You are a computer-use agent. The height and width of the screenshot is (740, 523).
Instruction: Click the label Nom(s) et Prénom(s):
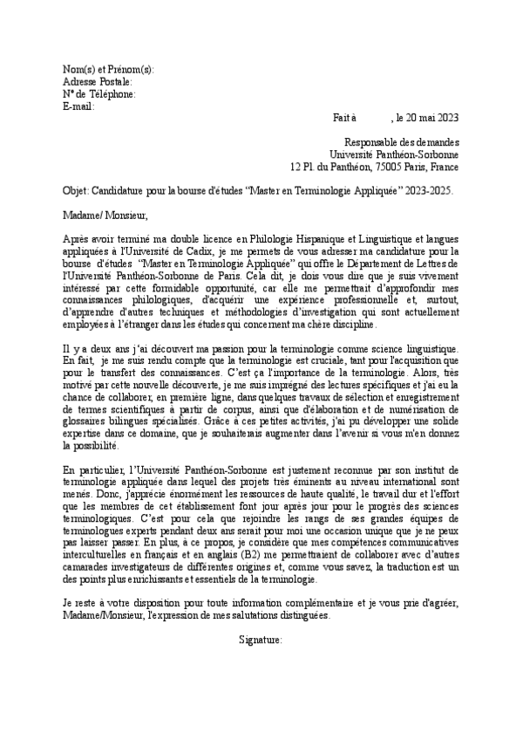[108, 69]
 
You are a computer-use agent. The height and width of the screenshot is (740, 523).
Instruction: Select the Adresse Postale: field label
[98, 81]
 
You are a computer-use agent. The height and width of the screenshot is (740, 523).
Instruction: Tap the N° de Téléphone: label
[99, 93]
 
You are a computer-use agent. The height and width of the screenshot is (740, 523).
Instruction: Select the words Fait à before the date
[345, 118]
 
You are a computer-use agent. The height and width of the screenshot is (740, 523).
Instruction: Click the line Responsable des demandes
[402, 142]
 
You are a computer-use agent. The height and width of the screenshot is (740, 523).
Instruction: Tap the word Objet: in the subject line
[77, 190]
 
